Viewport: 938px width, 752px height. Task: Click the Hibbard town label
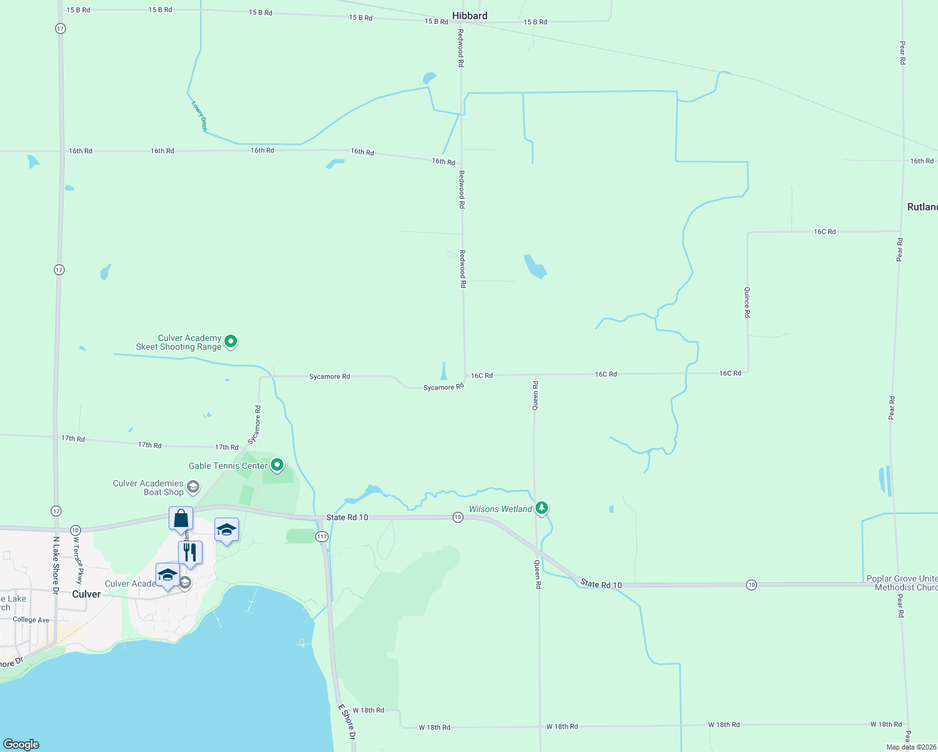point(469,16)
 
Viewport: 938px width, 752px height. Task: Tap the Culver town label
point(87,594)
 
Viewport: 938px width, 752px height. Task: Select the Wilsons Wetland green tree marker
point(542,508)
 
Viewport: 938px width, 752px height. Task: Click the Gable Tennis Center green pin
point(277,465)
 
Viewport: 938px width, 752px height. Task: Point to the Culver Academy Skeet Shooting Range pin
point(231,342)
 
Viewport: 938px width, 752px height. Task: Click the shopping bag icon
point(181,519)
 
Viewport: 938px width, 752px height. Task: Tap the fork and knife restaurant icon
point(190,553)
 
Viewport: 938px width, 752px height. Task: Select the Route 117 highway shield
point(322,536)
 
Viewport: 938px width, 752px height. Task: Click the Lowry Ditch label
point(199,115)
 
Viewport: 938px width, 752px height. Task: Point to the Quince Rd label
point(747,302)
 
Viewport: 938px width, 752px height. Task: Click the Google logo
point(21,744)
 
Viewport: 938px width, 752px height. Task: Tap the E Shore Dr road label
point(347,722)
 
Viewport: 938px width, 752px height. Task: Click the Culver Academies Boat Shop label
point(149,488)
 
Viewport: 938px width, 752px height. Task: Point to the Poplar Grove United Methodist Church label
point(902,583)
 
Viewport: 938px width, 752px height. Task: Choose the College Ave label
point(31,620)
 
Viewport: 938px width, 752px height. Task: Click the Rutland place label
point(922,207)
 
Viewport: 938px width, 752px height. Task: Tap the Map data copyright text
point(911,747)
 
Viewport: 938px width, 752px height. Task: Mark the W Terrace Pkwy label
point(78,560)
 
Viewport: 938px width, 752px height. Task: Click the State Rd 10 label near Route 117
point(347,518)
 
